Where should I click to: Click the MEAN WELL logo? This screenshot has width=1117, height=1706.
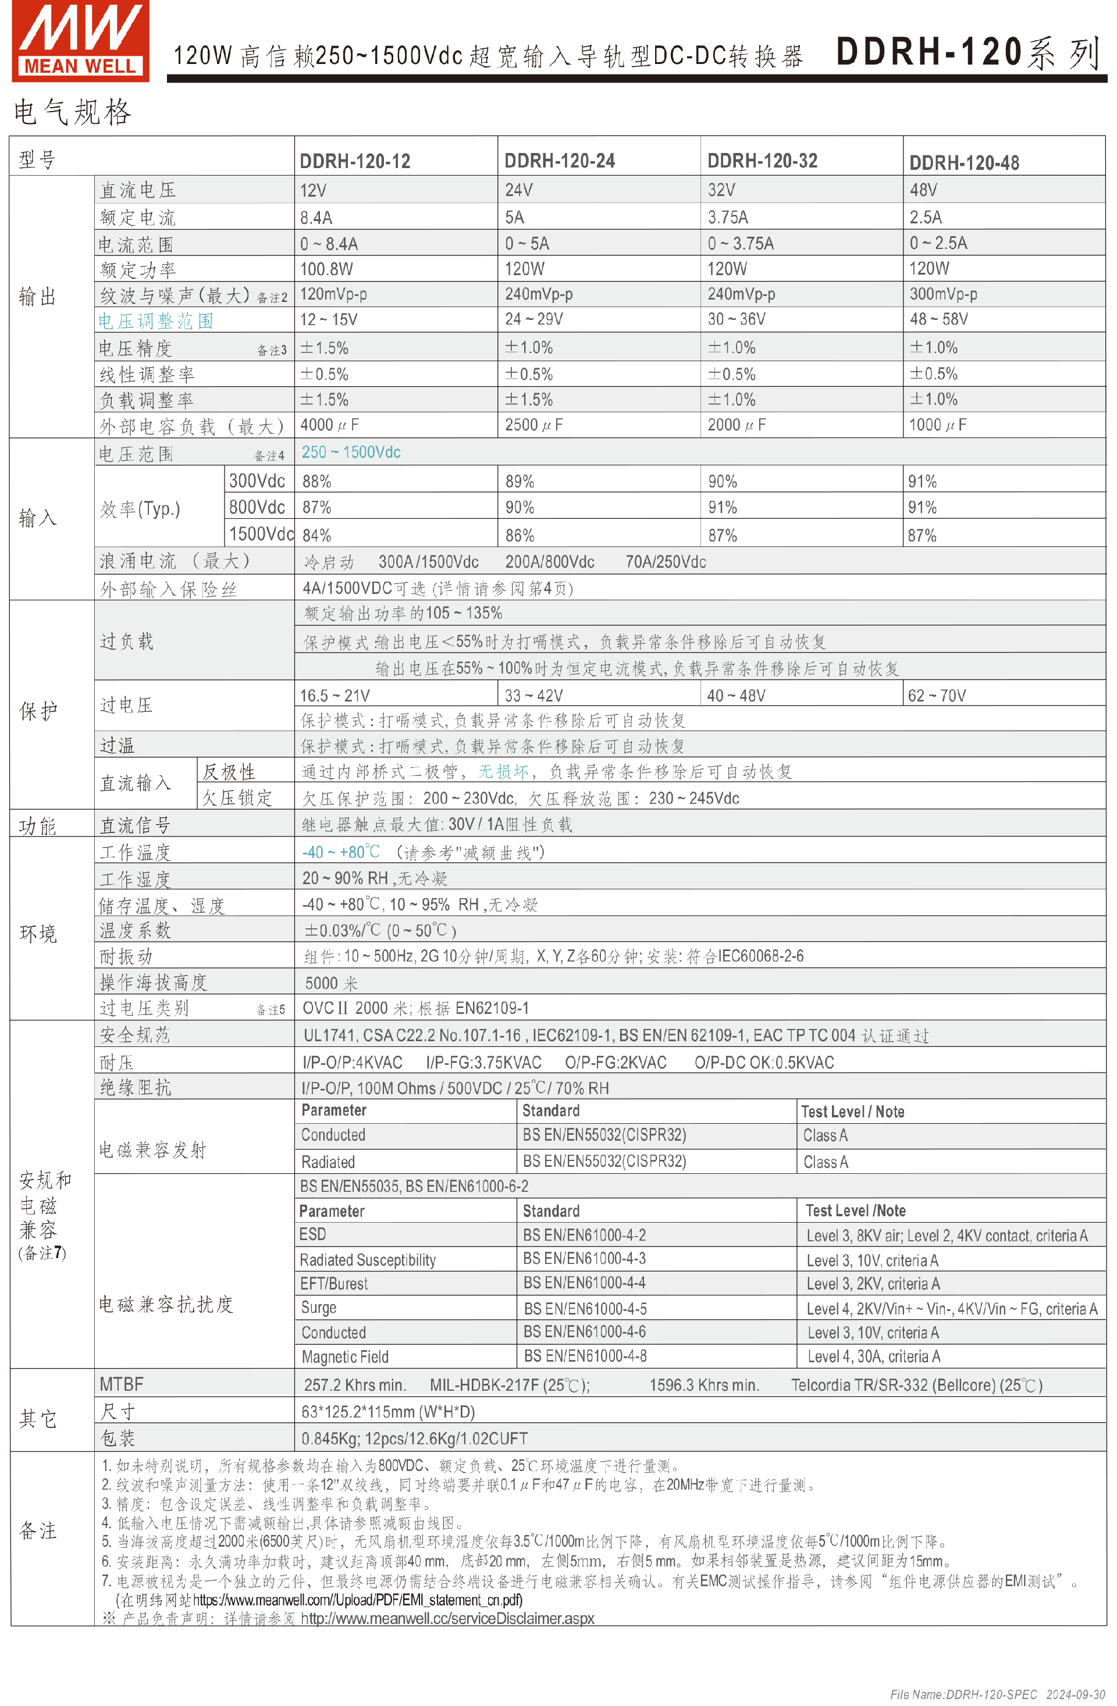tap(80, 40)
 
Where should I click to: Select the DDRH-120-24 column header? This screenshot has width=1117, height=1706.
tap(559, 161)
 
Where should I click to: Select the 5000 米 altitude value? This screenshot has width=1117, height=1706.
tap(330, 983)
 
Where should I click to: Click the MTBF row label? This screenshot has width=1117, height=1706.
tap(121, 1384)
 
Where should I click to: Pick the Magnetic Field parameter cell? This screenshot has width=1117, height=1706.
tap(345, 1357)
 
